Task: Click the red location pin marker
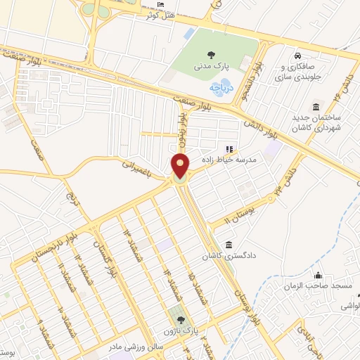[180, 166]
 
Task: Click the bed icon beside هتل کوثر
[161, 5]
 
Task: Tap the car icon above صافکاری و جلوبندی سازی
[298, 55]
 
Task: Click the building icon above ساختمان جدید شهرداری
[316, 107]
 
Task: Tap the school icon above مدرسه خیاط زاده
[229, 149]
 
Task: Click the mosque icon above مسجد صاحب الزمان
[319, 275]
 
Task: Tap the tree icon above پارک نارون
[173, 319]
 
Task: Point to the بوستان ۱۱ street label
[238, 210]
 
